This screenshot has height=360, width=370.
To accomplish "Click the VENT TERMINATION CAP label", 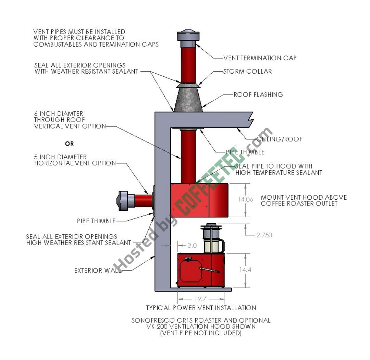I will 260,58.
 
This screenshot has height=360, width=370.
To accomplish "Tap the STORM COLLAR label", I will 247,72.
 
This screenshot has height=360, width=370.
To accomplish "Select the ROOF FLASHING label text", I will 258,95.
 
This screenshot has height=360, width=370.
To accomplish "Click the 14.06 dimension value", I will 245,199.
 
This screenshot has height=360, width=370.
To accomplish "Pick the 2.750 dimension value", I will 264,235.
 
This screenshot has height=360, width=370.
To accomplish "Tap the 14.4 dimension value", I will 245,270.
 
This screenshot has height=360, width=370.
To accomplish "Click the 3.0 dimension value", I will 192,245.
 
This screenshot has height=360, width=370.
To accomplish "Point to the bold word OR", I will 70,144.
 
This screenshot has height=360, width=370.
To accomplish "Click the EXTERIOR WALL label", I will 98,271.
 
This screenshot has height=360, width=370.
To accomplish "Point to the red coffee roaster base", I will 200,270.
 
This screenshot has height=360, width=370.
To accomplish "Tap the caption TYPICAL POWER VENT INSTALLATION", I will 201,308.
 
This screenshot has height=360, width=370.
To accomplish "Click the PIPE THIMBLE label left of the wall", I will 96,221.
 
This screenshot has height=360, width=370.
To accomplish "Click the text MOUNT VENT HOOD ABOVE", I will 304,197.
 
